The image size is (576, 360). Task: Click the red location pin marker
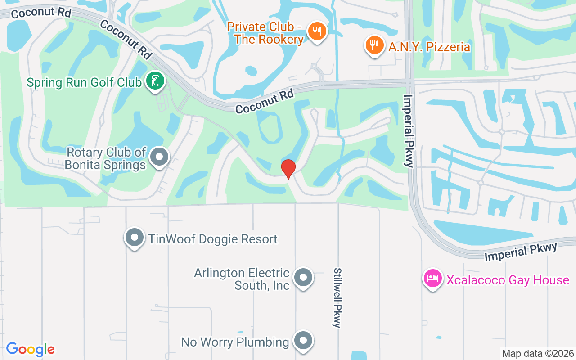[288, 169]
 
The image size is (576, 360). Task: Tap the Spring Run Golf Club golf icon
[155, 81]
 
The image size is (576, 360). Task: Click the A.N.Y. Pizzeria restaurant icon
[373, 45]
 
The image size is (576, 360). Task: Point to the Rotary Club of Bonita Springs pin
[159, 157]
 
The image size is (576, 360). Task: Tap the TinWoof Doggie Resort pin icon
[134, 238]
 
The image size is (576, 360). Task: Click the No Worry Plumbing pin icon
[303, 341]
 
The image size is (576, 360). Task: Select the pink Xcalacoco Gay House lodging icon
[433, 279]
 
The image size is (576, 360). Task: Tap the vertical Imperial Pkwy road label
[409, 130]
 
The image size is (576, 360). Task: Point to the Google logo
[30, 349]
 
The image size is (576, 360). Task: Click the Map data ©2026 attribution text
[538, 353]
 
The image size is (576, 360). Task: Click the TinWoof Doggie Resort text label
[213, 239]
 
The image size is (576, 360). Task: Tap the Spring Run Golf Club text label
[84, 83]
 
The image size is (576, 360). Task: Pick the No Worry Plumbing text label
[235, 342]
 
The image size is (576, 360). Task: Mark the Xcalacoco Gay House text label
[508, 280]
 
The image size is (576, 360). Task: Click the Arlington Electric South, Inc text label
[242, 279]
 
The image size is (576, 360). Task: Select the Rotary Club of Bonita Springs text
[106, 158]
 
